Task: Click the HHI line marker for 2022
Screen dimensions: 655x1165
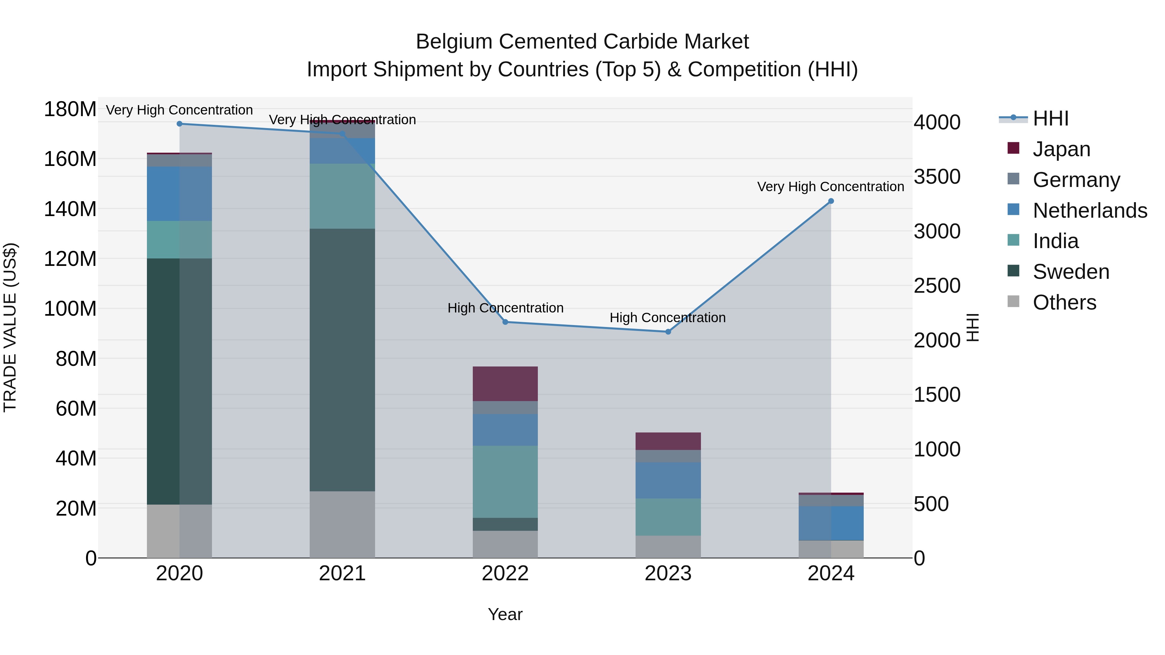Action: click(505, 322)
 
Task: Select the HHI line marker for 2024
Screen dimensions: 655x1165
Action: click(831, 201)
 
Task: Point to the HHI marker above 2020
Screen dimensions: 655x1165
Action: click(180, 124)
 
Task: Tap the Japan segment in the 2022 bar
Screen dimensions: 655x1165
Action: click(505, 383)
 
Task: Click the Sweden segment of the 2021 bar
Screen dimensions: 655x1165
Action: click(342, 359)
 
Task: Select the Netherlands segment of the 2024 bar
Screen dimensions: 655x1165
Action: click(831, 523)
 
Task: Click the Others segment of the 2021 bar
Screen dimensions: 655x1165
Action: click(342, 524)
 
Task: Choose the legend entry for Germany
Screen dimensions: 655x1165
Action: click(1076, 180)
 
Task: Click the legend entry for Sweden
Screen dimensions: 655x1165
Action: click(1071, 272)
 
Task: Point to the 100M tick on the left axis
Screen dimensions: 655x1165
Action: click(70, 309)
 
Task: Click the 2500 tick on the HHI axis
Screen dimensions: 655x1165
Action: click(937, 286)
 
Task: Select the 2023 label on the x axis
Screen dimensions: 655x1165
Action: click(668, 573)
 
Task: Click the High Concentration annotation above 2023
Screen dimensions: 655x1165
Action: click(668, 317)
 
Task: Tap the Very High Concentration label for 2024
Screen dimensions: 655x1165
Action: click(830, 186)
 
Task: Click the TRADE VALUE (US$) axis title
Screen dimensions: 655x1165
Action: click(10, 327)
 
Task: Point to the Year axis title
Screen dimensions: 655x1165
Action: click(505, 614)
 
